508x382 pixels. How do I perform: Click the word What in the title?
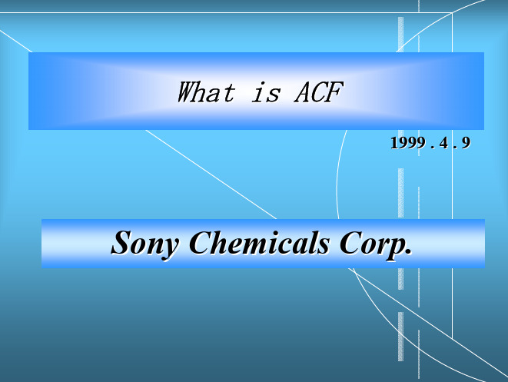coord(206,92)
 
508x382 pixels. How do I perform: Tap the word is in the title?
coord(266,93)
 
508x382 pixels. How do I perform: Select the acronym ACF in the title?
coord(318,92)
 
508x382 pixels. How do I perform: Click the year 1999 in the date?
coord(408,143)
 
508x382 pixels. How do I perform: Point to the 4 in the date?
coord(443,143)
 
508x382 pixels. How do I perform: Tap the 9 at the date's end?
coord(466,143)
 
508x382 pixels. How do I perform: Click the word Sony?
coord(144,244)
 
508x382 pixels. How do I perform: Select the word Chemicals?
coord(260,242)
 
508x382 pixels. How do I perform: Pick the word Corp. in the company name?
coord(376,244)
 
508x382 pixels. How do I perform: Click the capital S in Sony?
coord(122,242)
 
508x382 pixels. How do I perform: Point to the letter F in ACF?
coord(335,92)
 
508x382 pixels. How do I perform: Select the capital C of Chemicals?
coord(201,242)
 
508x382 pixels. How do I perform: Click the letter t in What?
coord(229,93)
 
